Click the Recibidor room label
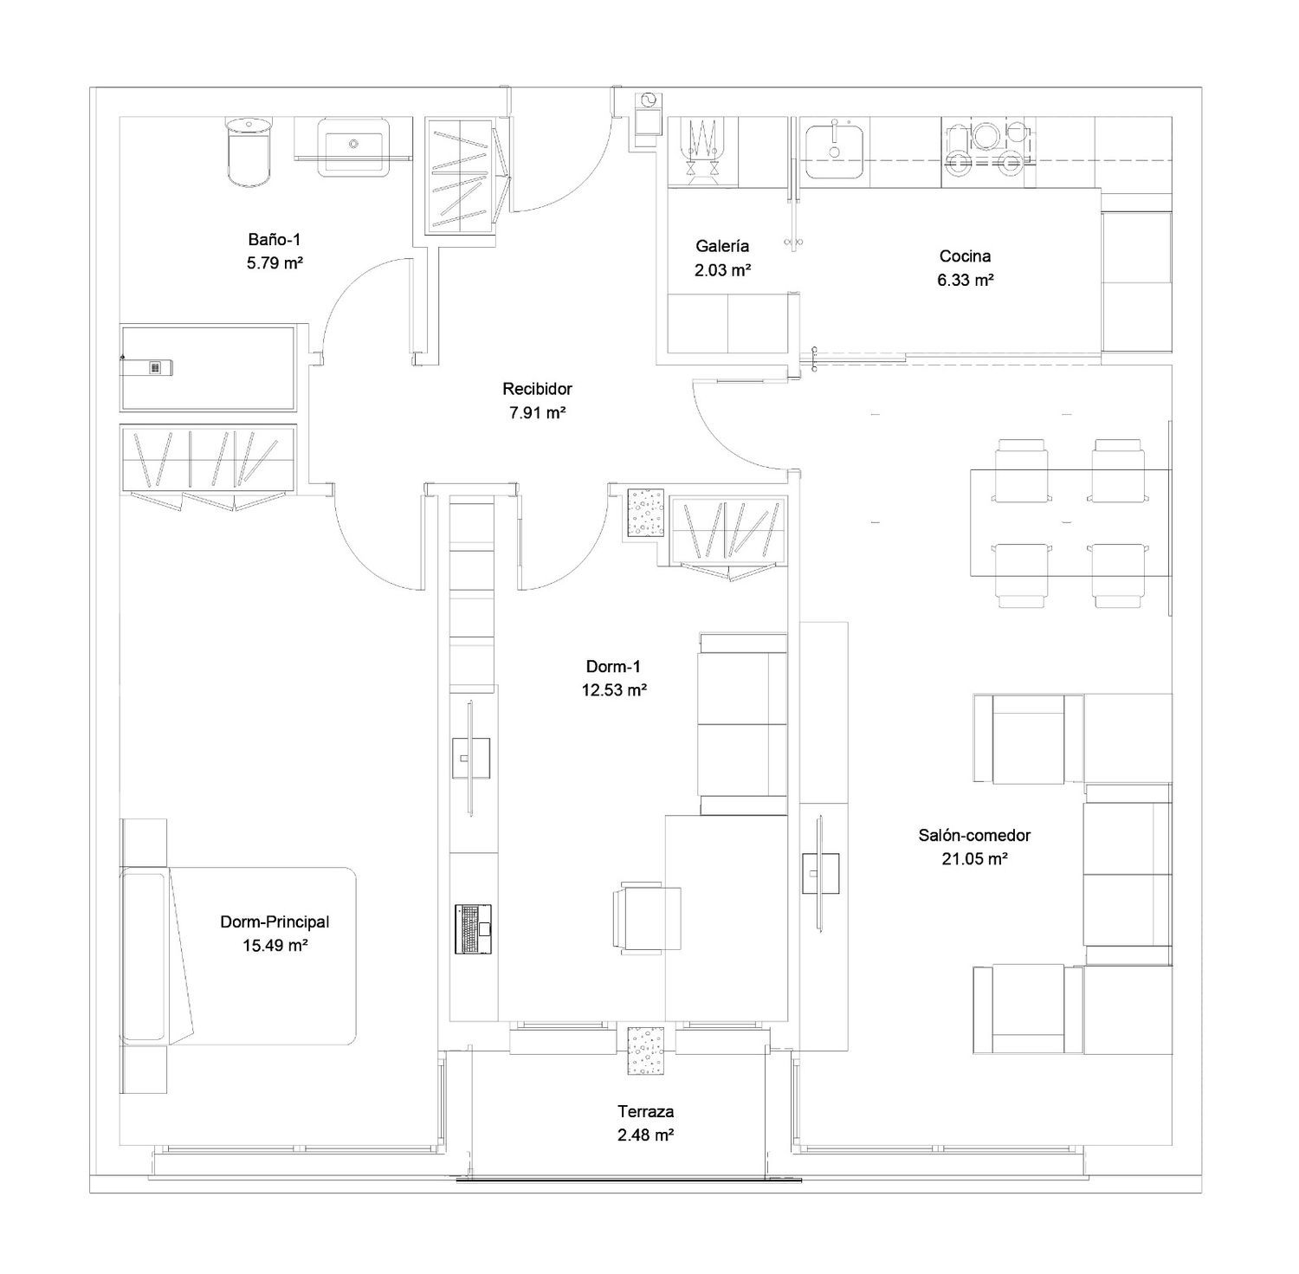[x=537, y=389]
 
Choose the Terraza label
[x=645, y=1111]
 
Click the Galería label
[x=722, y=246]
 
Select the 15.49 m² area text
[x=275, y=946]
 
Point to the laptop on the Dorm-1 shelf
[x=474, y=929]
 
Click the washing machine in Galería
[x=701, y=152]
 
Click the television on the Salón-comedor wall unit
[x=820, y=873]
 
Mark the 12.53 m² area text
[x=614, y=690]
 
